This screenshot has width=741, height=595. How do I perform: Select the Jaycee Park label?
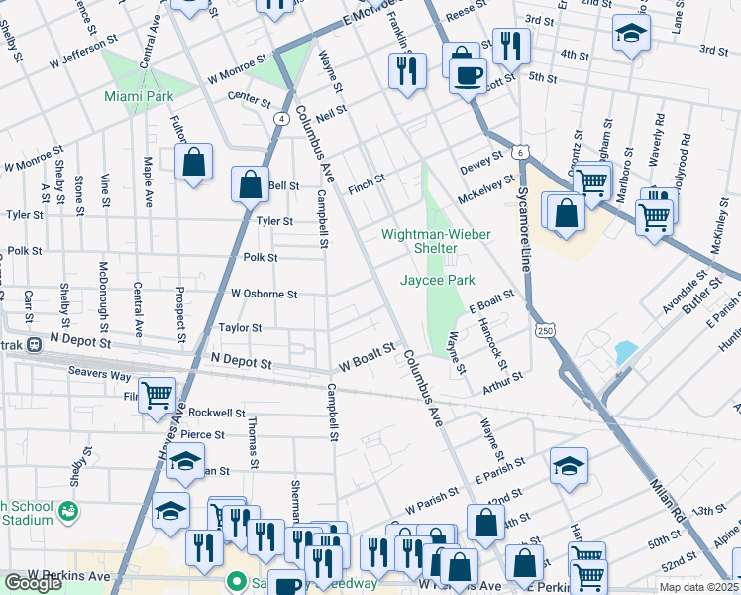pos(437,281)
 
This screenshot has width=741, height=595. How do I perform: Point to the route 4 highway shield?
pos(282,118)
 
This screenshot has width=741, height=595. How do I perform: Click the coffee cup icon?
pos(468,74)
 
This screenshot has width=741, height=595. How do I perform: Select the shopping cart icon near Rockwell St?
pos(158,395)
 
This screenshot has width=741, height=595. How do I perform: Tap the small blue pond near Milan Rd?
pos(626,352)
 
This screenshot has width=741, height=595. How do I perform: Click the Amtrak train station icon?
pos(35,344)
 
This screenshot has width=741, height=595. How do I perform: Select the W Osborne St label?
pos(264,294)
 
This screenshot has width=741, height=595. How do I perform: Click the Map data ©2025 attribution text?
pos(699,587)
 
